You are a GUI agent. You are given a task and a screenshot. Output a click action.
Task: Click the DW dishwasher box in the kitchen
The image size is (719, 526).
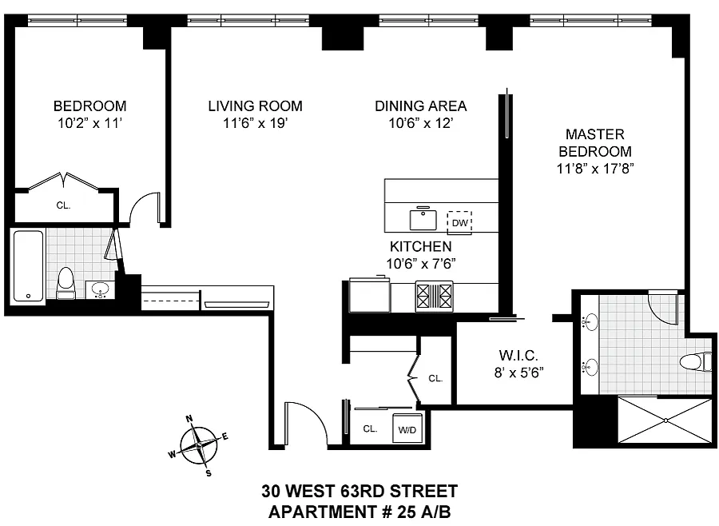[x=459, y=222]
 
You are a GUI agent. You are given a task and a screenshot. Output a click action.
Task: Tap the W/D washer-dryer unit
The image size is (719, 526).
[x=407, y=429]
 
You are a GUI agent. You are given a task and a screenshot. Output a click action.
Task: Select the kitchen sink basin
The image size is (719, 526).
[x=423, y=219]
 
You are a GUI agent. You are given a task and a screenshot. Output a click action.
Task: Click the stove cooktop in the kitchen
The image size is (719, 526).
[x=434, y=296]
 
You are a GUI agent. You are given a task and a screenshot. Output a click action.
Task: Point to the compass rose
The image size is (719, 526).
[x=199, y=445]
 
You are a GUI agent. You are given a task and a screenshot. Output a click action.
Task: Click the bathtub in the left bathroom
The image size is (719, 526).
[x=29, y=266]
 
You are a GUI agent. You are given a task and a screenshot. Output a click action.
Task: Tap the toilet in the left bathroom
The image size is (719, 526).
[x=66, y=283]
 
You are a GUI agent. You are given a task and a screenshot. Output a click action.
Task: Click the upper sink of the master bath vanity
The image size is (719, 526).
[x=590, y=322]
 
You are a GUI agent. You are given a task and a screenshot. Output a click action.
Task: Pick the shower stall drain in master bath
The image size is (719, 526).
[x=665, y=420]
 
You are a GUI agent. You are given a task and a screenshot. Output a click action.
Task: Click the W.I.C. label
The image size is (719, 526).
[x=518, y=355]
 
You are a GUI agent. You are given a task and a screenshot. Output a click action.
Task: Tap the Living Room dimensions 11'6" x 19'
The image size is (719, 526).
[x=256, y=123]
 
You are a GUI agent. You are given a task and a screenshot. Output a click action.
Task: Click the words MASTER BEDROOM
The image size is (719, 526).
[x=594, y=143]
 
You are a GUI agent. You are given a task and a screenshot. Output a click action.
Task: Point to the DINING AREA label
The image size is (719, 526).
[x=420, y=106]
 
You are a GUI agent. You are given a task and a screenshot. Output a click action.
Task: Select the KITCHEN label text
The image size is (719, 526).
[x=420, y=246]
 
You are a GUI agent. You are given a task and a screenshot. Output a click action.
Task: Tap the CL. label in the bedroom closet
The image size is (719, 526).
[x=63, y=205]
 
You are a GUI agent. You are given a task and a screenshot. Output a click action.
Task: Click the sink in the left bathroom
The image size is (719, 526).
[x=100, y=290]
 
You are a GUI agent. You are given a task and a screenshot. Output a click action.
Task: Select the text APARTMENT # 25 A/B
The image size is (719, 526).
[x=359, y=512]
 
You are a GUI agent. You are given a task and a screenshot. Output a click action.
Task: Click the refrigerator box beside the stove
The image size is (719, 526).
[x=369, y=295]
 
